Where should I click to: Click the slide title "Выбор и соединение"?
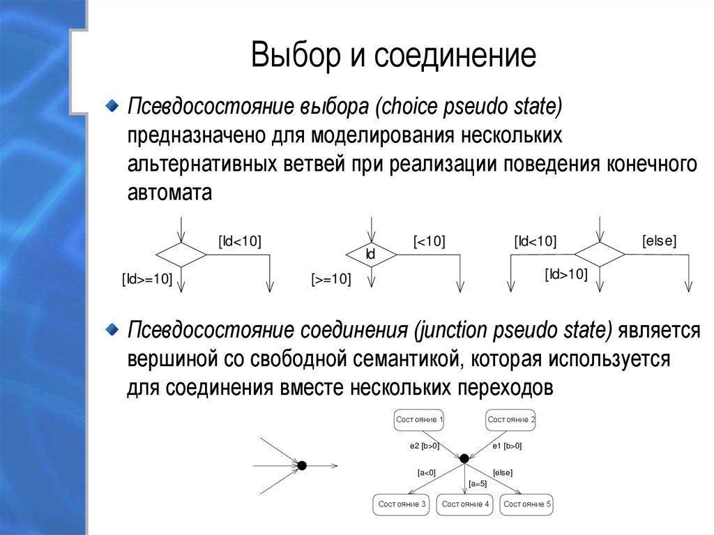pos(394,56)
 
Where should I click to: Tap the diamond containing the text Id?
pos(371,255)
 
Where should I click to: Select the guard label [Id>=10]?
pos(147,279)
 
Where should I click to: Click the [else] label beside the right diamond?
pos(659,241)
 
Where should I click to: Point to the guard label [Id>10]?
pos(566,274)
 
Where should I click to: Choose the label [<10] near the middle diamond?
pos(429,241)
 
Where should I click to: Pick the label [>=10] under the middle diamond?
pos(331,279)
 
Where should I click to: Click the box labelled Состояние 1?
pos(419,419)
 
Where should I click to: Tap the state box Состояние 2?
pos(511,419)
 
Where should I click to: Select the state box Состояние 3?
pos(402,504)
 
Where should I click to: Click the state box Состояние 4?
pos(465,504)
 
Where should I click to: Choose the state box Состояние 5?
pos(527,504)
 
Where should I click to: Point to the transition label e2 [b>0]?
pos(424,445)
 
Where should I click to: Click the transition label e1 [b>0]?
pos(507,445)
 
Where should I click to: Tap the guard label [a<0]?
pos(426,472)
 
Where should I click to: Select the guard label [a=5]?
pos(478,483)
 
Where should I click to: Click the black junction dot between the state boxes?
pos(464,458)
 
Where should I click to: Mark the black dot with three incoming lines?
pos(302,465)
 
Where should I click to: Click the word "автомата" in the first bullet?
pos(169,193)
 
